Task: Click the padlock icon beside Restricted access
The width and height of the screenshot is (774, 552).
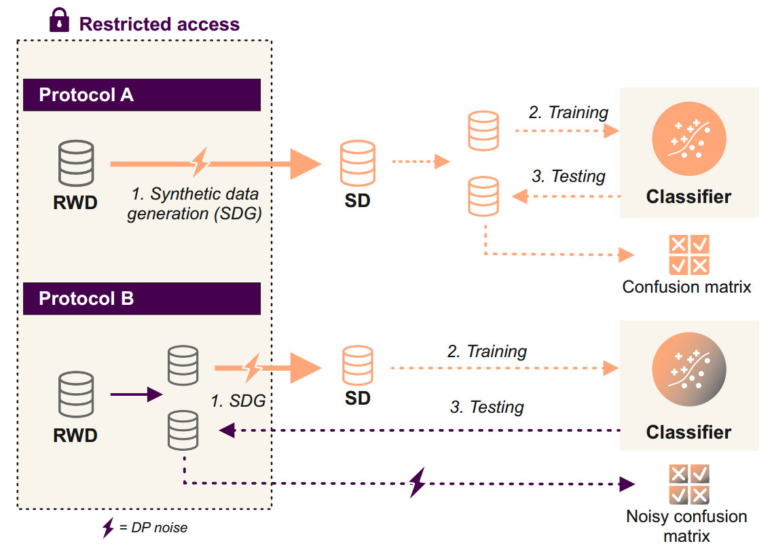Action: tap(60, 21)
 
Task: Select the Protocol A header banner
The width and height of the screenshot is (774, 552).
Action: tap(142, 95)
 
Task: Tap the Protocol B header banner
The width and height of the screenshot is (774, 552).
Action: tap(142, 299)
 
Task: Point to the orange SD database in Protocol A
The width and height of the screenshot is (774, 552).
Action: tap(357, 163)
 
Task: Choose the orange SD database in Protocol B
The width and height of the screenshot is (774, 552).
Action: tap(357, 367)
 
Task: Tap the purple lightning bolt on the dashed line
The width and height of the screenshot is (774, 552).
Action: tap(418, 483)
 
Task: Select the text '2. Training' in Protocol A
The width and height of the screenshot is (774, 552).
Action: tap(568, 113)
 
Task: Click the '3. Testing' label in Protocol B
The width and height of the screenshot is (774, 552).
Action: tap(487, 407)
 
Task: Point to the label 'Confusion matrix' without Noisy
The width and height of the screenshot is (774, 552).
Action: tap(686, 287)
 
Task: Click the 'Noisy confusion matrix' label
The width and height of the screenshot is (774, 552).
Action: tap(686, 526)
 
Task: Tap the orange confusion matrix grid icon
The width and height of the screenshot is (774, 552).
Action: tap(688, 255)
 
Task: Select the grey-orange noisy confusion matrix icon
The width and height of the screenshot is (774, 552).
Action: tap(688, 483)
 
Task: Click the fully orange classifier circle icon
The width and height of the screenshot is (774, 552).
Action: tap(688, 139)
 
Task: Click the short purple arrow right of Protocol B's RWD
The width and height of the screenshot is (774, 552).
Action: tap(136, 394)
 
